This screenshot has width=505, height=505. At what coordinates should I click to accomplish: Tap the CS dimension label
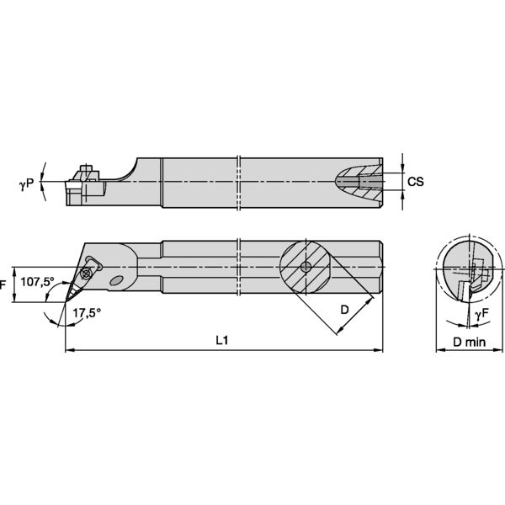point(414,182)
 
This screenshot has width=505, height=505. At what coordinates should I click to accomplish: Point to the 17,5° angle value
point(86,312)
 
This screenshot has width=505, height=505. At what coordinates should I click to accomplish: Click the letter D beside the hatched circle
point(344,310)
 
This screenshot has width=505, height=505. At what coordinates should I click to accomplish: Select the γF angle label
point(481,314)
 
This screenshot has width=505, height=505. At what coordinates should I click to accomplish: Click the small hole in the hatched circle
point(306,267)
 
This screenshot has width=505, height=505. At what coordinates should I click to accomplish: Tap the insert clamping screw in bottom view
point(87,273)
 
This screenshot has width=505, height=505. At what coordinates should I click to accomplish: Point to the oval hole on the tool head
point(119,281)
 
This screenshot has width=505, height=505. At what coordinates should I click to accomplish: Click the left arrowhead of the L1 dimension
point(67,349)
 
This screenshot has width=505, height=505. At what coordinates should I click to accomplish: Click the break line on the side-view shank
point(240,181)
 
